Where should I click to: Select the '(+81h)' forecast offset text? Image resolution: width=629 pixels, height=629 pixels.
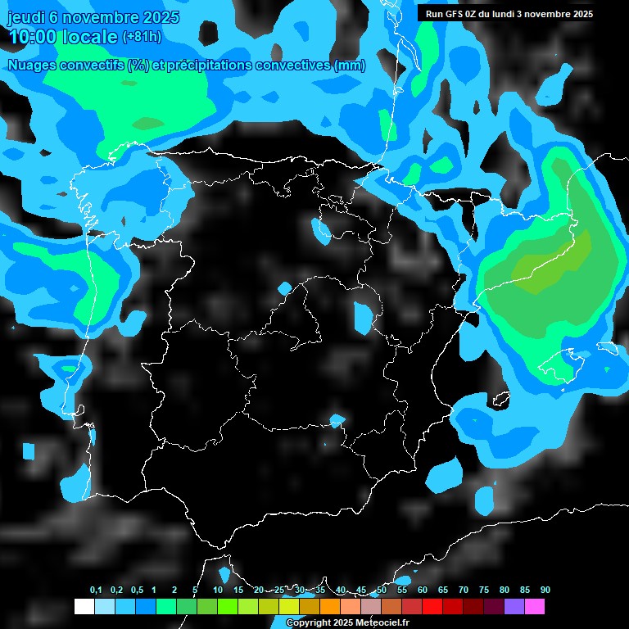click(x=143, y=37)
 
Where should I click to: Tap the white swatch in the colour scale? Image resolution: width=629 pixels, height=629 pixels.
click(x=84, y=607)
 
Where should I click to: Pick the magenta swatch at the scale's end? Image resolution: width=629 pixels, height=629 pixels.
click(x=535, y=607)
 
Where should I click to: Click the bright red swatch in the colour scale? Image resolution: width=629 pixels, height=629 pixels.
click(x=432, y=607)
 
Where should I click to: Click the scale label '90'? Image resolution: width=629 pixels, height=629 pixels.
click(x=545, y=591)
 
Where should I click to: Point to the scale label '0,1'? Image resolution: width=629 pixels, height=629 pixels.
click(x=96, y=591)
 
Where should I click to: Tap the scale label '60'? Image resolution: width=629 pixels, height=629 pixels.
click(x=423, y=591)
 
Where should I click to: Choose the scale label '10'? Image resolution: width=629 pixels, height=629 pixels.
click(x=218, y=591)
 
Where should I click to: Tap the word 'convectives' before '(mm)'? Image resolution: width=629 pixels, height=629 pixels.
click(x=294, y=66)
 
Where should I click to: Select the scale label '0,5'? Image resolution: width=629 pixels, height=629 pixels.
click(x=137, y=591)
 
